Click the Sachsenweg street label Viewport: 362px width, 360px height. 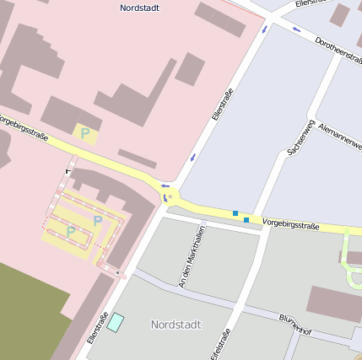click(300, 137)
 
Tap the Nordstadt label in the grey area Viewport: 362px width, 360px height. click(176, 324)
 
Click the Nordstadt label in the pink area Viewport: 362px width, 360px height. click(140, 8)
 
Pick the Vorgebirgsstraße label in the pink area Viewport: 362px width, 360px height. click(24, 126)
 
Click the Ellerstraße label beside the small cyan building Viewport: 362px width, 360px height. click(96, 329)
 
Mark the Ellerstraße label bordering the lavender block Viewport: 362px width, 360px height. click(221, 120)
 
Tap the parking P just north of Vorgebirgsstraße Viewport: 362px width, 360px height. click(84, 132)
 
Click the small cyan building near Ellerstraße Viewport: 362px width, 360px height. click(115, 323)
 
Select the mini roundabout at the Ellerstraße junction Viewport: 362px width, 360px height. click(170, 197)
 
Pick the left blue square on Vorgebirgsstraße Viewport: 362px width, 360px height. click(235, 213)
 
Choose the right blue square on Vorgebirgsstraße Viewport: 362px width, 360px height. click(246, 220)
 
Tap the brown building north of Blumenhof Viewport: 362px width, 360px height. click(334, 302)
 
